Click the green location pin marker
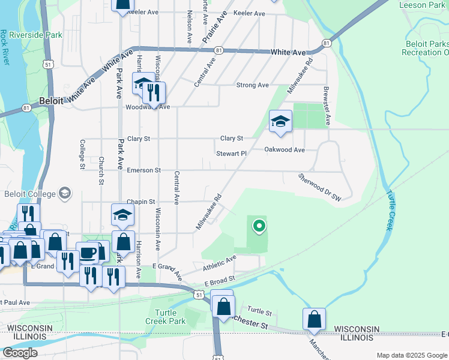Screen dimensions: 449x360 pos(259,226)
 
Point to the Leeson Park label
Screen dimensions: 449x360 pos(422,5)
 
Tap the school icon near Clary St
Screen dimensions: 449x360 pos(280,122)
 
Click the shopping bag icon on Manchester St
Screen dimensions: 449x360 pos(314,320)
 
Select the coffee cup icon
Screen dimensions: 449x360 pos(88,253)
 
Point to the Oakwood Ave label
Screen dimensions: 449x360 pos(285,149)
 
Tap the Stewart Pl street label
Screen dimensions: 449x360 pos(232,154)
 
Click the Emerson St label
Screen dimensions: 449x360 pos(143,170)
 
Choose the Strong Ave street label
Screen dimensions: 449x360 pos(252,85)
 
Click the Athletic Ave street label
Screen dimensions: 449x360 pos(220,262)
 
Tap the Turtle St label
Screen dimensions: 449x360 pos(260,312)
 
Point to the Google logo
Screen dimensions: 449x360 pos(20,353)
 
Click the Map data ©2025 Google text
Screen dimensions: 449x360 pos(411,355)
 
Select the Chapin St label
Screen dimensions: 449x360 pos(141,202)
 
